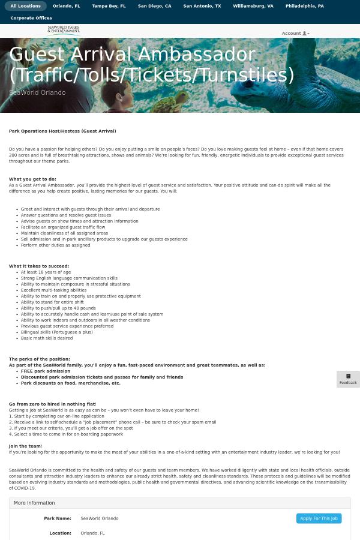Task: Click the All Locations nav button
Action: point(26,6)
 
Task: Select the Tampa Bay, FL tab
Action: point(109,6)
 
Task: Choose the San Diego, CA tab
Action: point(154,6)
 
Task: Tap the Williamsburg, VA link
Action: point(253,6)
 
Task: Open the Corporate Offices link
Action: point(31,18)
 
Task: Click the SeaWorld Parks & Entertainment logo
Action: point(64,30)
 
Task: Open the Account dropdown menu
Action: point(295,34)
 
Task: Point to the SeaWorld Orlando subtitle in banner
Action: point(37,92)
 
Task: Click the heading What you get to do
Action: point(32,179)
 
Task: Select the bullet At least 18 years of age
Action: point(46,272)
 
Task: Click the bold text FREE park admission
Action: point(46,371)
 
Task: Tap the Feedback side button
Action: point(348,379)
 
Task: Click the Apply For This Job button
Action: point(319,518)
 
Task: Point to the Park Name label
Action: point(58,518)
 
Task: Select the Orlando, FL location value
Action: point(92,533)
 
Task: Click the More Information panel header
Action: point(34,503)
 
